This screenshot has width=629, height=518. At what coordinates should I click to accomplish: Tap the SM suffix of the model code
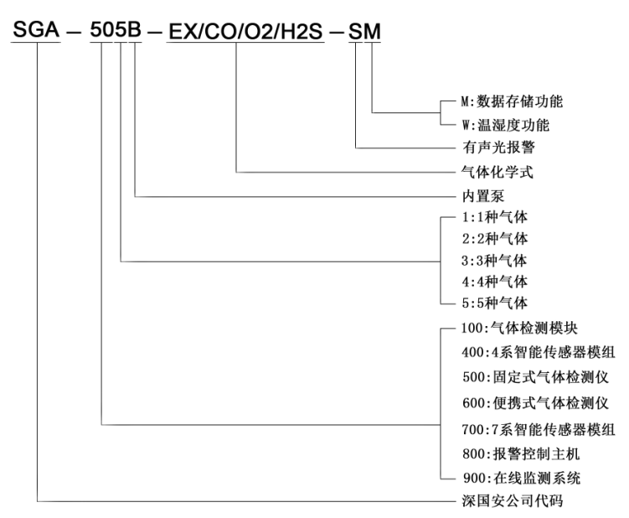tap(364, 33)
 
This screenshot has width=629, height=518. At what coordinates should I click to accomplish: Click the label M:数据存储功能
tap(512, 102)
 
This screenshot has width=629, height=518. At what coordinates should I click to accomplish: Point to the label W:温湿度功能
tap(507, 125)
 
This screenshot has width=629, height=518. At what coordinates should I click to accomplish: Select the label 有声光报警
tap(488, 148)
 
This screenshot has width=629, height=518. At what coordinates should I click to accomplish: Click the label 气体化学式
tap(488, 173)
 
